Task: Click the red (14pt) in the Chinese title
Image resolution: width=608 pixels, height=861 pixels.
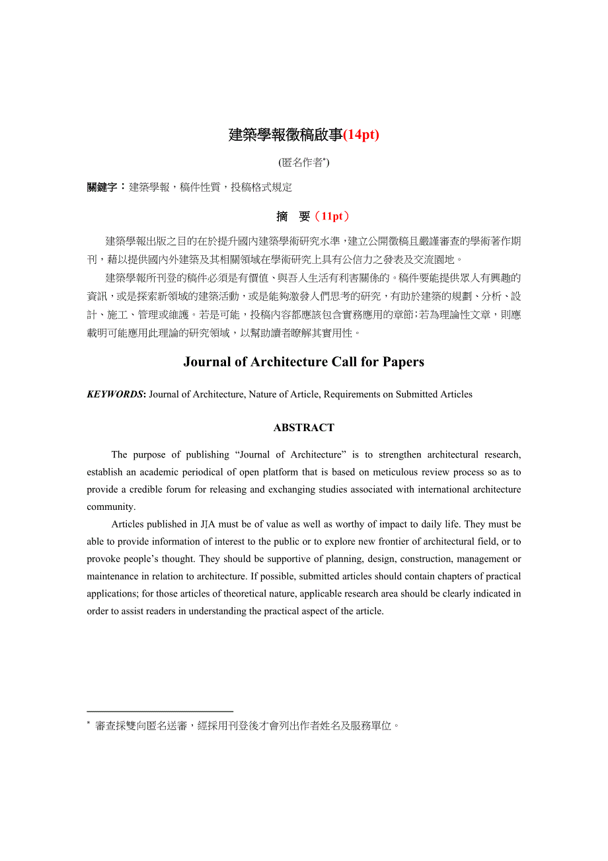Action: click(361, 135)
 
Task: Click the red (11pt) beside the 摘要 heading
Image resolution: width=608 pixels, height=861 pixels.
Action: click(332, 216)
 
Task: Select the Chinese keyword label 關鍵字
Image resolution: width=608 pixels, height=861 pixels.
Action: click(102, 187)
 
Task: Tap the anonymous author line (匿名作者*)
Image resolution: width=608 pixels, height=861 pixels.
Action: click(304, 162)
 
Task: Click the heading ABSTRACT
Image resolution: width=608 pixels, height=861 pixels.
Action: click(304, 428)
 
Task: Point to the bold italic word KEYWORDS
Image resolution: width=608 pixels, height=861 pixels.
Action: click(115, 394)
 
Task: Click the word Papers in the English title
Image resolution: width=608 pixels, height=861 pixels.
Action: click(400, 362)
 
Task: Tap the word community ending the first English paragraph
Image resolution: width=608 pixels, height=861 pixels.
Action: click(110, 507)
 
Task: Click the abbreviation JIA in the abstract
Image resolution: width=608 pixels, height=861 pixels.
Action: click(208, 524)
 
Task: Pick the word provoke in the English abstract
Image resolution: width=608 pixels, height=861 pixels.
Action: click(102, 559)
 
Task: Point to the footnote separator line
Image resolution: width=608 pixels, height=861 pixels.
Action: click(160, 711)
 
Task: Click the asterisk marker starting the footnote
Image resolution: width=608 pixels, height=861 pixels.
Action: click(89, 724)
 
